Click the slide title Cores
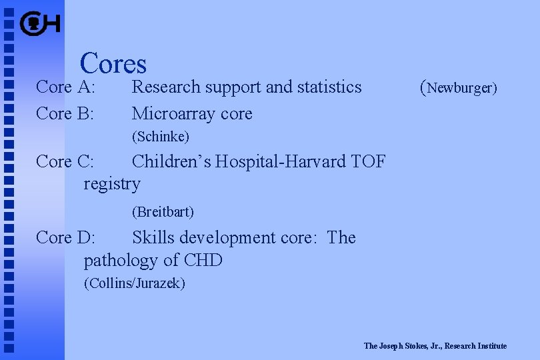coord(113,63)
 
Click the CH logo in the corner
coord(40,25)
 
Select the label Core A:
coord(66,87)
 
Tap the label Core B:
coord(65,113)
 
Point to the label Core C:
coord(65,161)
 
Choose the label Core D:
coord(65,237)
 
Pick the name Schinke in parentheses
coord(161,137)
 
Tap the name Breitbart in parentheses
coord(163,212)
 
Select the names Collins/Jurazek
coord(135,283)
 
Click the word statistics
coord(329,87)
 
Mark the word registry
coord(112,184)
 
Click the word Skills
coord(153,237)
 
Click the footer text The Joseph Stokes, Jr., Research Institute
coord(435,346)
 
